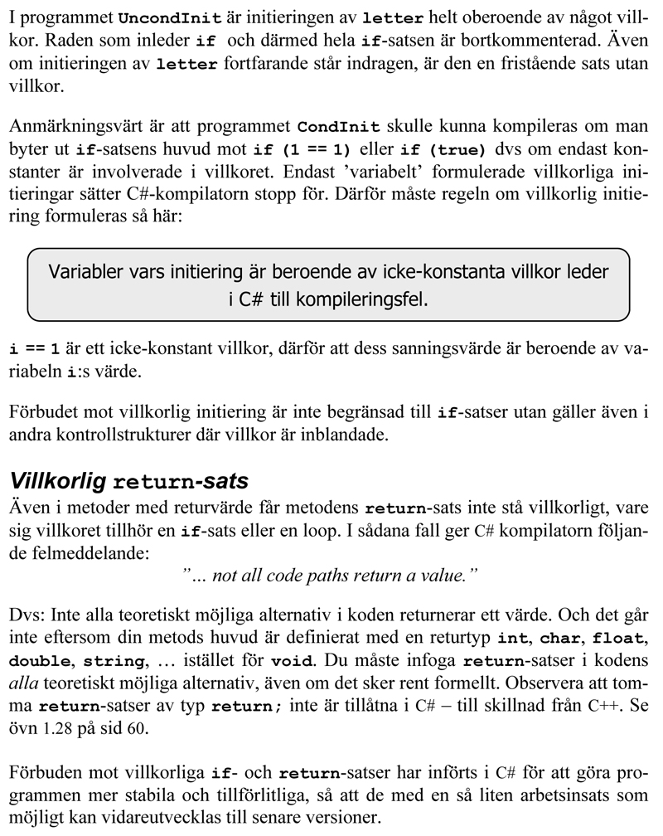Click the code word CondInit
[x=339, y=127]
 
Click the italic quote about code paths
[x=330, y=572]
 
